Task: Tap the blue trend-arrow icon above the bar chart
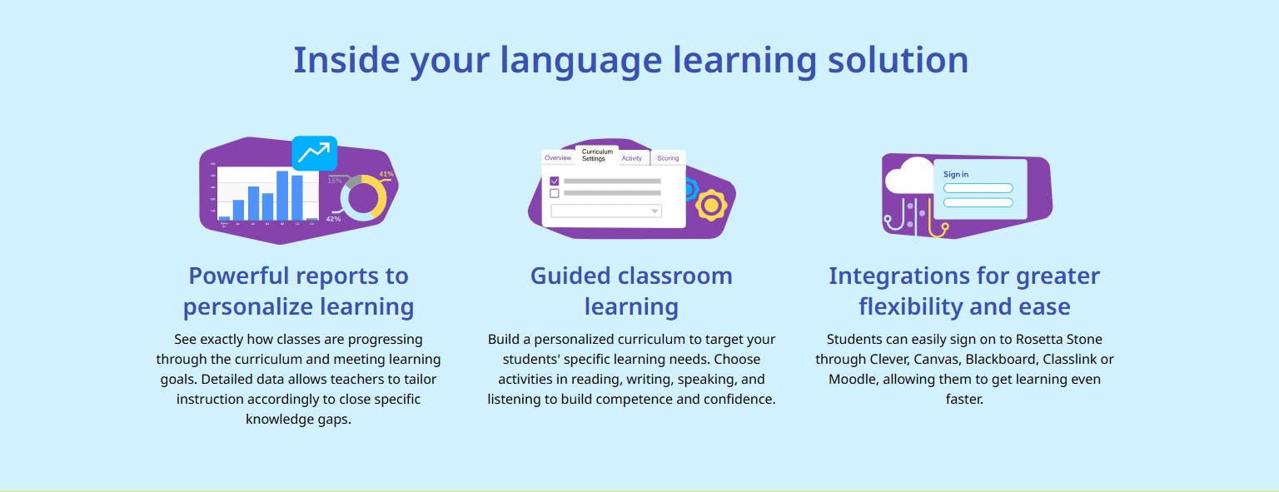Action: click(314, 152)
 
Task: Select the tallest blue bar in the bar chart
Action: click(282, 195)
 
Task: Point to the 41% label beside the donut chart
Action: click(386, 174)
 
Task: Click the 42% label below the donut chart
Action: click(333, 218)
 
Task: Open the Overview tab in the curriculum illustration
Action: click(557, 157)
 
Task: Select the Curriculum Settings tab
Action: click(597, 155)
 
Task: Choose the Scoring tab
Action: click(668, 158)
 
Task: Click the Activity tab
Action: click(632, 158)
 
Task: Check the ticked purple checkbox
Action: click(555, 181)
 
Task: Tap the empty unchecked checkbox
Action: click(555, 193)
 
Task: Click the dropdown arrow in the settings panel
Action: click(654, 211)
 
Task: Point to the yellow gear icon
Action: click(711, 204)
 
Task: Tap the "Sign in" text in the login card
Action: click(956, 174)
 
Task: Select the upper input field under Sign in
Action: click(978, 188)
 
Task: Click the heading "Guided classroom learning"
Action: click(631, 291)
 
